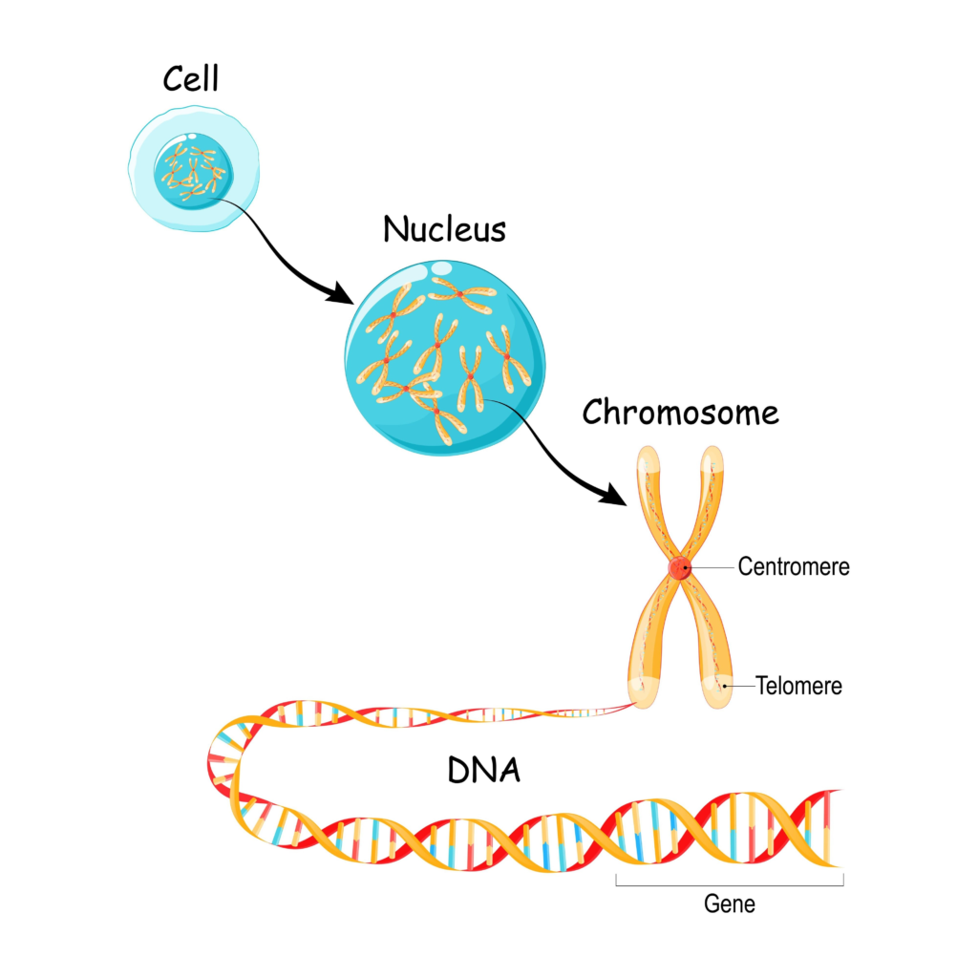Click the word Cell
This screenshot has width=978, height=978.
coord(190,79)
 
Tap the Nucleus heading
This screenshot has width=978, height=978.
coord(444,229)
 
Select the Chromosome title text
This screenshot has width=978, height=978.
coord(680,413)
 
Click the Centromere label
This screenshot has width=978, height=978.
coord(793,566)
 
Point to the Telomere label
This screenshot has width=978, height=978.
coord(798,685)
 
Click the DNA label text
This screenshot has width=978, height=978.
coord(484,770)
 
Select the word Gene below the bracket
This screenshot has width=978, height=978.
coord(729,903)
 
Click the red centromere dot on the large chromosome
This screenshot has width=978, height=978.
coord(679,568)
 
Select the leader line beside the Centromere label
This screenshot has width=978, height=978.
coord(712,567)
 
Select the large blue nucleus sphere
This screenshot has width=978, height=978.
coord(444,353)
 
